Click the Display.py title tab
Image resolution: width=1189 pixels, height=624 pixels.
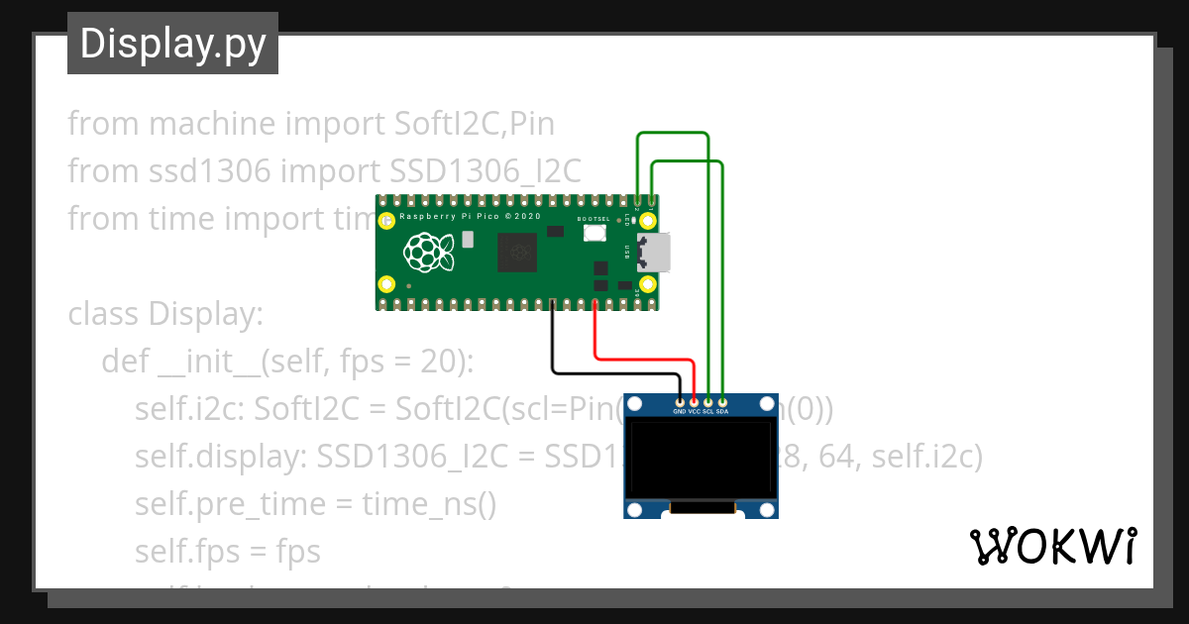tap(172, 44)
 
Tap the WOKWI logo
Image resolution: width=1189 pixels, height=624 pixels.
tap(1052, 546)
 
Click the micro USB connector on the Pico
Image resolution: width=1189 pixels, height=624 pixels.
tap(654, 252)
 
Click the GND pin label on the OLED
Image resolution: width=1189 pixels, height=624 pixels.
tap(680, 411)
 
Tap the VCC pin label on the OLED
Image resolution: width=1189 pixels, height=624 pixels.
tap(694, 411)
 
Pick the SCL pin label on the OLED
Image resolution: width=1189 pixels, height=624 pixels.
tap(707, 411)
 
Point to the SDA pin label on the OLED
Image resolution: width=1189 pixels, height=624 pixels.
tap(722, 411)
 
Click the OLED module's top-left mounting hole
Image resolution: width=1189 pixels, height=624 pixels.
tap(638, 404)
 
